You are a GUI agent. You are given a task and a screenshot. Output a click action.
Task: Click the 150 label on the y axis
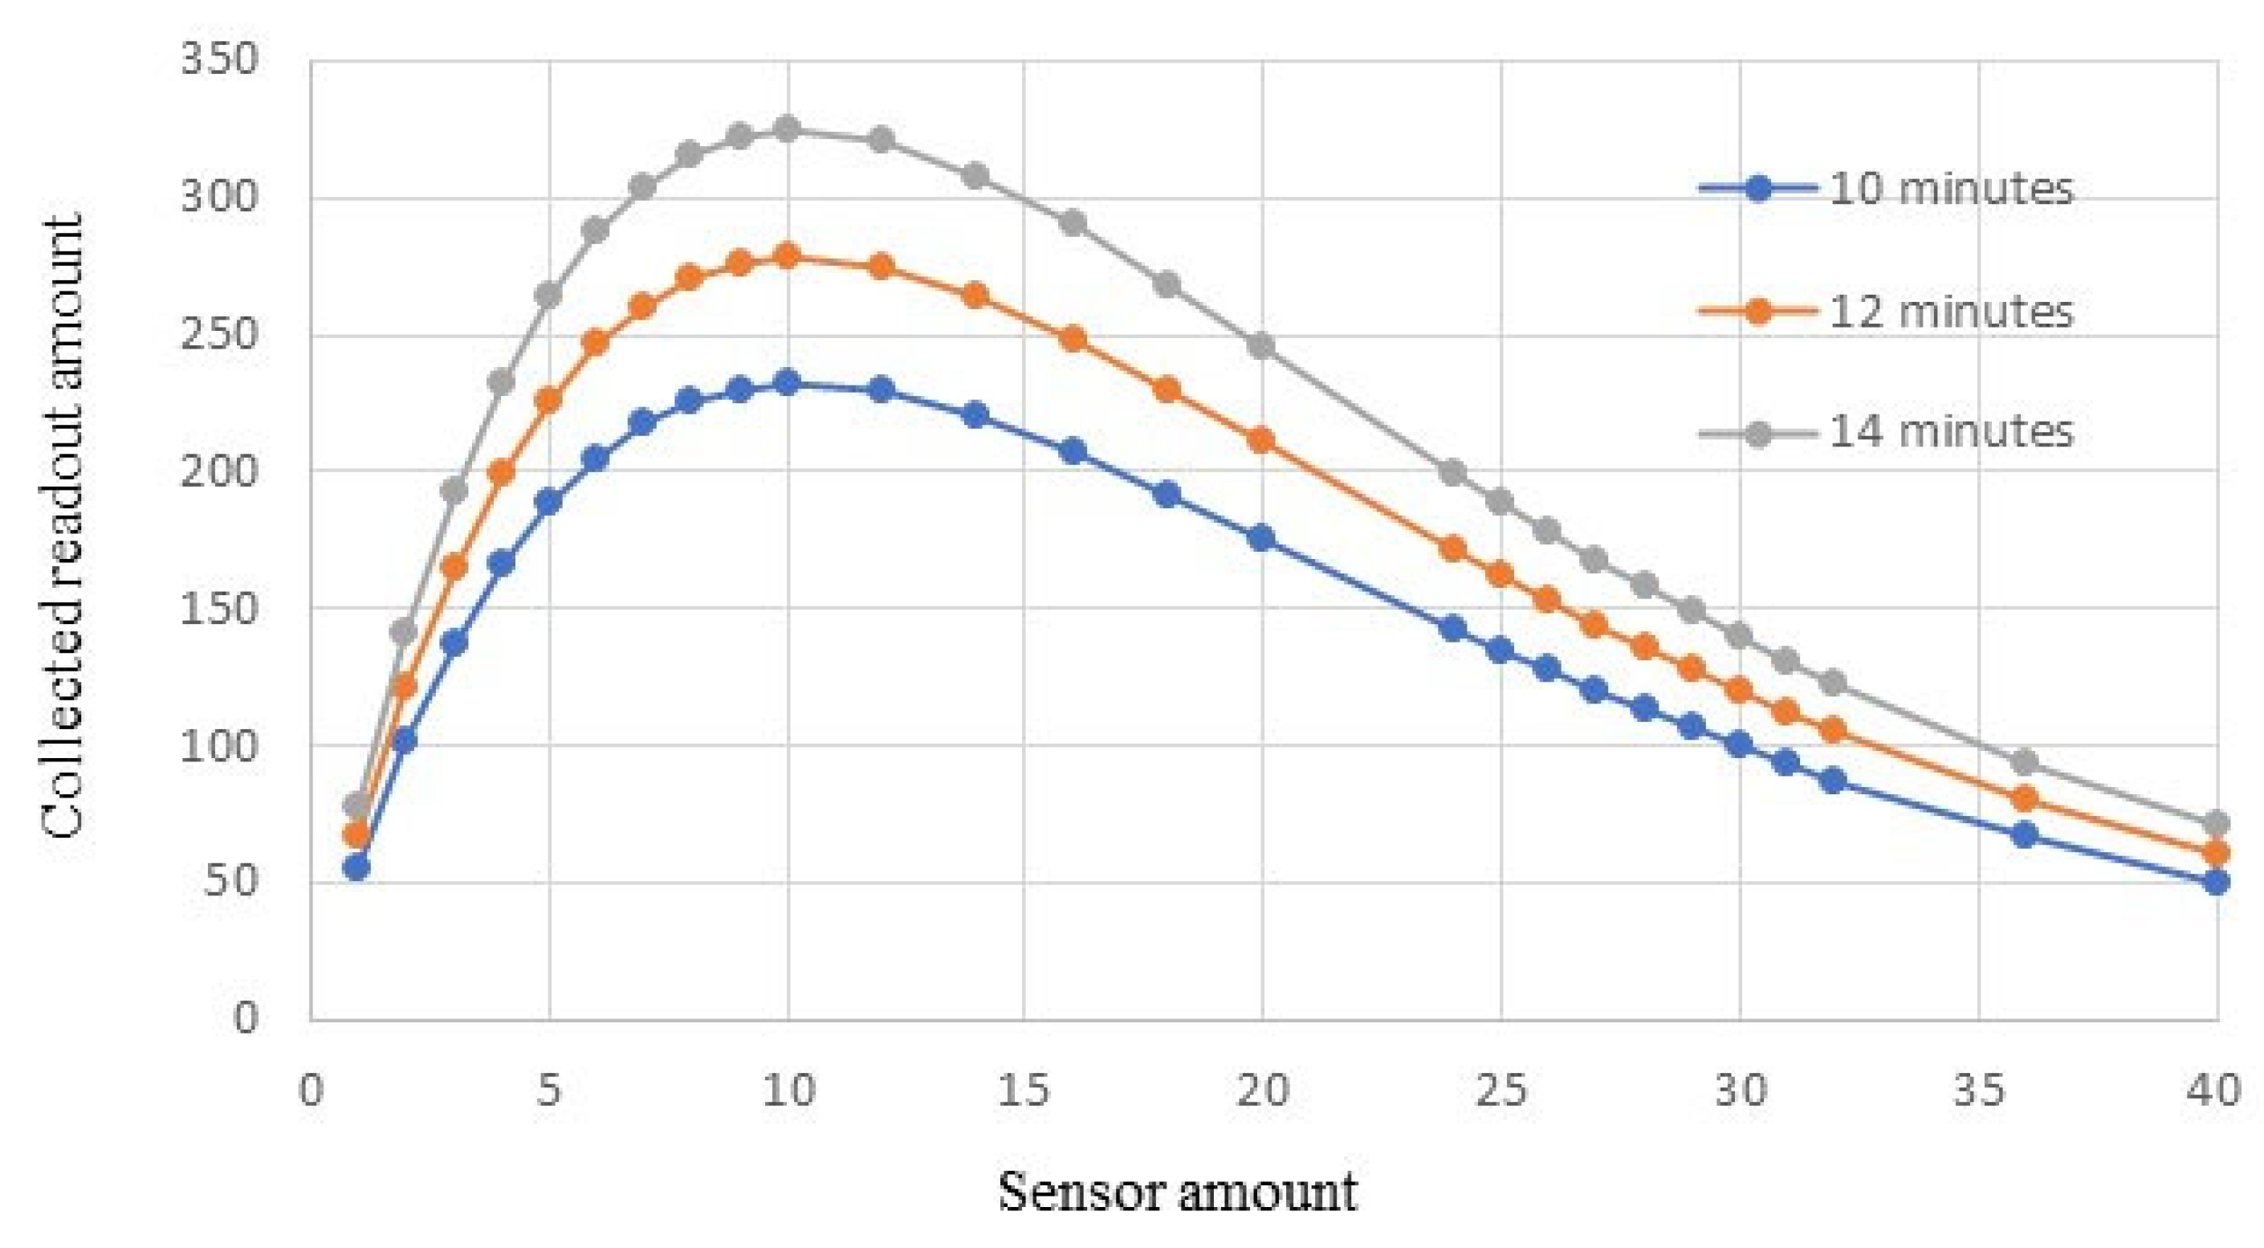pyautogui.click(x=220, y=608)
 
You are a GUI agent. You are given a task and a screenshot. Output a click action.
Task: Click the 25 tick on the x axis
pyautogui.click(x=1501, y=1091)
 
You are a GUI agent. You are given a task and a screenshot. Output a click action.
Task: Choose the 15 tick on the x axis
pyautogui.click(x=1024, y=1091)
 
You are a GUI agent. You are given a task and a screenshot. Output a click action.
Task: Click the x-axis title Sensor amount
pyautogui.click(x=1177, y=1193)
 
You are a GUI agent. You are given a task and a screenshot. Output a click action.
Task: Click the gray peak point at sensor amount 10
pyautogui.click(x=788, y=129)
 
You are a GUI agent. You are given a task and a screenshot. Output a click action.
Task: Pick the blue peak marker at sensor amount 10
pyautogui.click(x=788, y=383)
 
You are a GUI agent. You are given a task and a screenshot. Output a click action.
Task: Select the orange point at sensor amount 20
pyautogui.click(x=1262, y=440)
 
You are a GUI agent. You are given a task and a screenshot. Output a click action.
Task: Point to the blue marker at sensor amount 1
pyautogui.click(x=356, y=868)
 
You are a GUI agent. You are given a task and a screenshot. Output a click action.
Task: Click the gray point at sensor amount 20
pyautogui.click(x=1262, y=345)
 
